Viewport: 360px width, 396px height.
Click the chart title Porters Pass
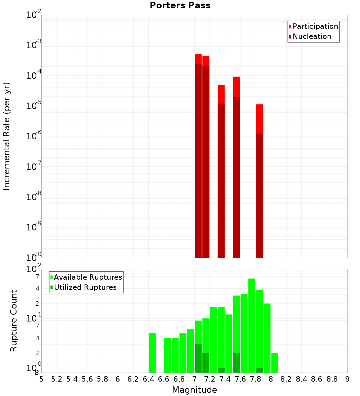[180, 5]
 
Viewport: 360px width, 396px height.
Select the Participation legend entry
[313, 26]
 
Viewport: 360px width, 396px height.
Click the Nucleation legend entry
[310, 36]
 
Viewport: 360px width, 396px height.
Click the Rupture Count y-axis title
[14, 321]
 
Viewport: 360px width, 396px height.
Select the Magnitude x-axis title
[194, 390]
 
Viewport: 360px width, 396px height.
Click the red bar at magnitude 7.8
[259, 180]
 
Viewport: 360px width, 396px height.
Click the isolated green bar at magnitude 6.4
[152, 353]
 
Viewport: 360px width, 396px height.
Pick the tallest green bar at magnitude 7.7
[252, 324]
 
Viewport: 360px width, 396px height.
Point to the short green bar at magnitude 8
[274, 363]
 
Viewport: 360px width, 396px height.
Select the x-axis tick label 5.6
[87, 379]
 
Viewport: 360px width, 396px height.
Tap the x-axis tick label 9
[347, 379]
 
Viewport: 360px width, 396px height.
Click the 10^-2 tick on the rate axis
[34, 15]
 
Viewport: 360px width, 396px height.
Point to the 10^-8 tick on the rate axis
[34, 197]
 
